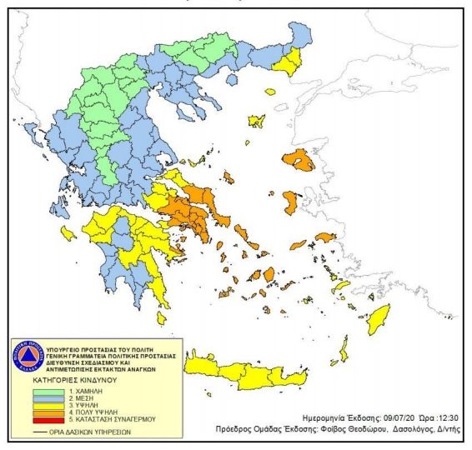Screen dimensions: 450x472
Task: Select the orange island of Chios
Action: (291, 201)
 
